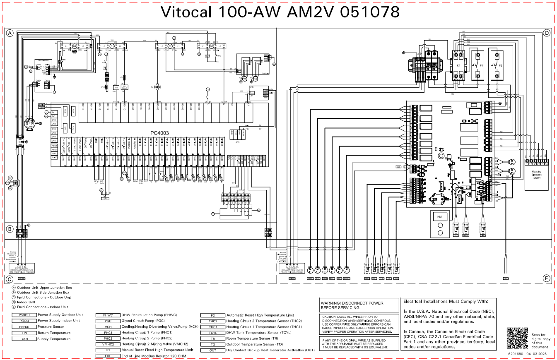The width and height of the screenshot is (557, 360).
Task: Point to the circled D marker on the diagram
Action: click(x=547, y=33)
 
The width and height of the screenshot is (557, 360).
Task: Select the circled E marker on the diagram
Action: click(x=547, y=278)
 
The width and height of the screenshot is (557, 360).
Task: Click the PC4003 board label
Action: click(x=159, y=133)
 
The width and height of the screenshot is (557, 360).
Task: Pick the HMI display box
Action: click(x=440, y=216)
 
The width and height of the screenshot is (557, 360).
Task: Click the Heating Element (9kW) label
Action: click(x=537, y=175)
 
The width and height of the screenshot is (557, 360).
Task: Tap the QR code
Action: click(x=517, y=337)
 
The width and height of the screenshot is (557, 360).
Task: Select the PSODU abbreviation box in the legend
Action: click(x=24, y=315)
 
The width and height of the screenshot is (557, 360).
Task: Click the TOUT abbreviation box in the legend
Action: click(x=24, y=339)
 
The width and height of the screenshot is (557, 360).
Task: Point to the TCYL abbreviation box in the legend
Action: click(x=213, y=333)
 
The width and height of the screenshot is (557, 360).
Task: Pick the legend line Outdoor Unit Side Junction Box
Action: click(x=43, y=292)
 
